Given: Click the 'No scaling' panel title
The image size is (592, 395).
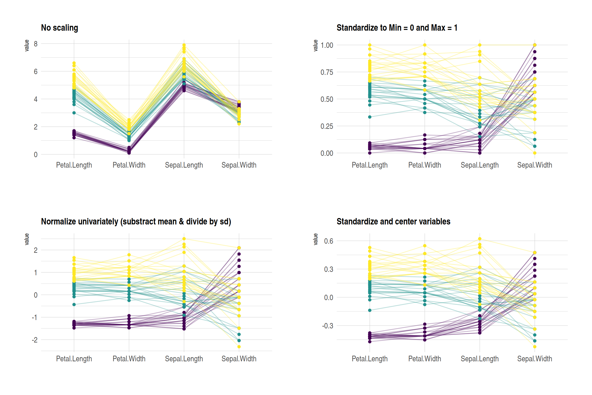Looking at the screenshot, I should tap(59, 28).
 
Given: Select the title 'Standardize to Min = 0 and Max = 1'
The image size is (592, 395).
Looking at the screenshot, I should tap(397, 28).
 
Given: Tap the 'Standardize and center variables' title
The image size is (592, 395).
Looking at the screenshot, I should tap(393, 221).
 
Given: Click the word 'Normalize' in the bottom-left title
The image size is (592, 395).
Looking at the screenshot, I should tap(57, 221).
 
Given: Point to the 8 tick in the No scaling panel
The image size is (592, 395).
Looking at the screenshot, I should tap(36, 44).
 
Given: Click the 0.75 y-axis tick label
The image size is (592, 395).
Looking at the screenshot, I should tap(327, 72).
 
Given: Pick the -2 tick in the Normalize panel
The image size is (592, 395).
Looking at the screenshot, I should tap(35, 340).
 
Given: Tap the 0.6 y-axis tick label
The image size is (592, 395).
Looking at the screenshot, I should tap(328, 241).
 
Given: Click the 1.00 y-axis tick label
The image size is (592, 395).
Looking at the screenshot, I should tap(327, 45).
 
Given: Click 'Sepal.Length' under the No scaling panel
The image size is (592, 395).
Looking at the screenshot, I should tap(184, 165).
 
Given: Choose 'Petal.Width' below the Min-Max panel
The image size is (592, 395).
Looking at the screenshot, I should tap(424, 165).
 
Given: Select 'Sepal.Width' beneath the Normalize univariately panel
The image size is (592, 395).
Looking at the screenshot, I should tap(239, 359).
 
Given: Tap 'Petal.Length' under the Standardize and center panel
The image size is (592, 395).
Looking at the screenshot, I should tap(369, 359).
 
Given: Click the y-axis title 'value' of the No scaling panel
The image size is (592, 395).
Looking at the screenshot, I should tap(27, 46).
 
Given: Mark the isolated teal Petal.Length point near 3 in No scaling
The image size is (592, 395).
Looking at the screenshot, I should tap(74, 113).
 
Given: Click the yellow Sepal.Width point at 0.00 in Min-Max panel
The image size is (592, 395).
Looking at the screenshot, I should tap(535, 153).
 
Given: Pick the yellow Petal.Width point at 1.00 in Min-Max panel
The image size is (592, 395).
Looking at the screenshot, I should tap(425, 45).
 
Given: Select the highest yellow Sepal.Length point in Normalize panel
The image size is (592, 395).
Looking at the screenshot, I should tap(184, 239).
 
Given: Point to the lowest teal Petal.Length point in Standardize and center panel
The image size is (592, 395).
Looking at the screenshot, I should tap(370, 310).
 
